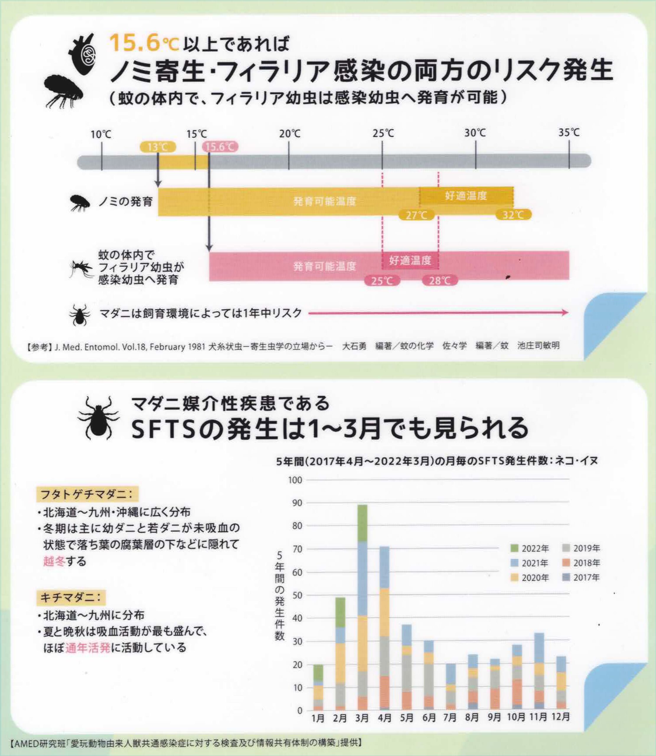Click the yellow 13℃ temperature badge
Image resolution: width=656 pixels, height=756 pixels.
[158, 147]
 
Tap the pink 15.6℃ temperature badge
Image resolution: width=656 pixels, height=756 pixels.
[220, 147]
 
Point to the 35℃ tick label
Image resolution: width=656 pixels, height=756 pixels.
[569, 133]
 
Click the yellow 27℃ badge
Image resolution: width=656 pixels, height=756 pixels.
[416, 215]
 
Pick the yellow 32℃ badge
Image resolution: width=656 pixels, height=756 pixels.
[513, 215]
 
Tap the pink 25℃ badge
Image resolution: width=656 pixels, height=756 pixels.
[382, 281]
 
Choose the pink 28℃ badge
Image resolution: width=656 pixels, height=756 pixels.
[440, 281]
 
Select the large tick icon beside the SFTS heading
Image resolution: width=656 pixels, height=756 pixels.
[98, 418]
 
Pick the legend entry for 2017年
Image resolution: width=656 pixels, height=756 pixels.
[581, 578]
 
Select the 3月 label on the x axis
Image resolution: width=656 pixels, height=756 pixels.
[362, 717]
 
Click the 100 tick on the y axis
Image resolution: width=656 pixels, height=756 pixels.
[295, 480]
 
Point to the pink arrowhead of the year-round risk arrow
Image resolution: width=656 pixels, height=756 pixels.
[566, 313]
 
